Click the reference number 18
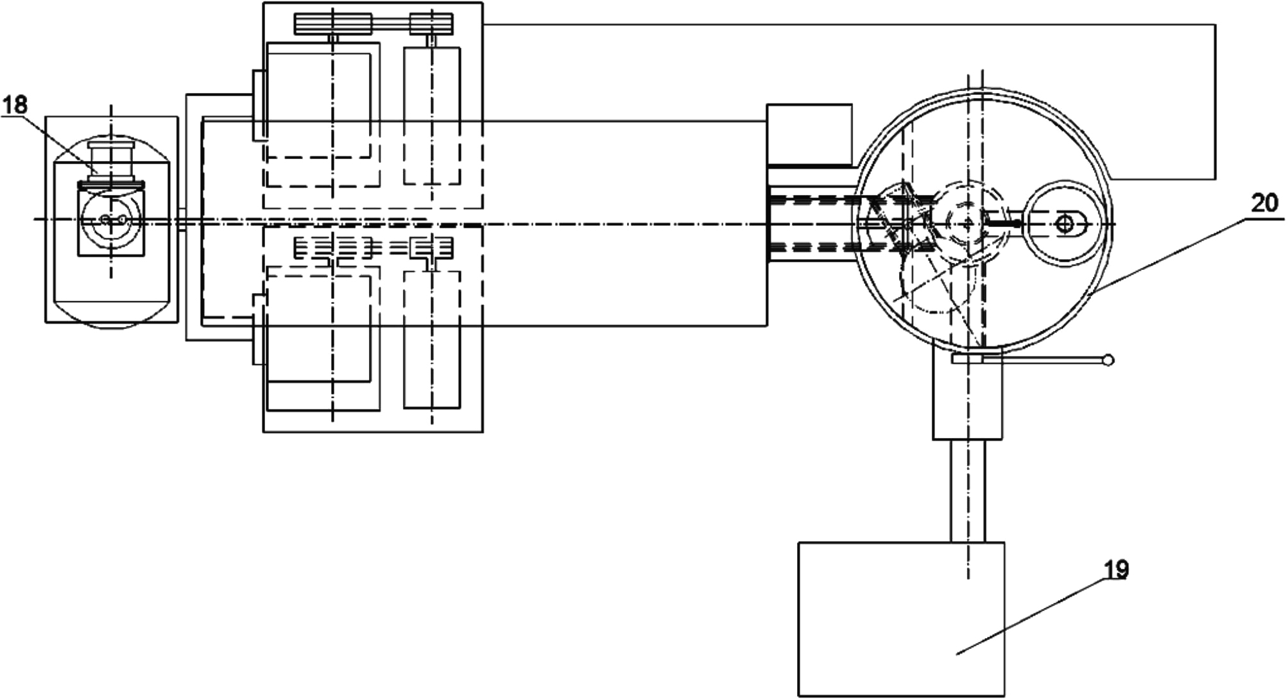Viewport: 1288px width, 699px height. (15, 105)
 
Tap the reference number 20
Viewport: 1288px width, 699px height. (1264, 204)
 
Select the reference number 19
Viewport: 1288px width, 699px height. (1116, 569)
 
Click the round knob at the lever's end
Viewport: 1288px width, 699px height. (1108, 360)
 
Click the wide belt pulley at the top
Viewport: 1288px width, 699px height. (334, 24)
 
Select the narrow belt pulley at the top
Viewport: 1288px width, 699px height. (432, 24)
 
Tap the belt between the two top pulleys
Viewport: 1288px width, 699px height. (391, 24)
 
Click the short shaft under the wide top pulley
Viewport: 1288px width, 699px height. (333, 39)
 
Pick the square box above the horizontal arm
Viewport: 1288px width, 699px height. (809, 134)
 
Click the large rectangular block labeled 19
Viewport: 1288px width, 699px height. (901, 619)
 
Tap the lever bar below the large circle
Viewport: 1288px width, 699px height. (1027, 361)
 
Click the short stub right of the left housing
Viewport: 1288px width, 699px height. (182, 219)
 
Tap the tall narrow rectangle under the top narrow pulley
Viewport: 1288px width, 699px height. (432, 115)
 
